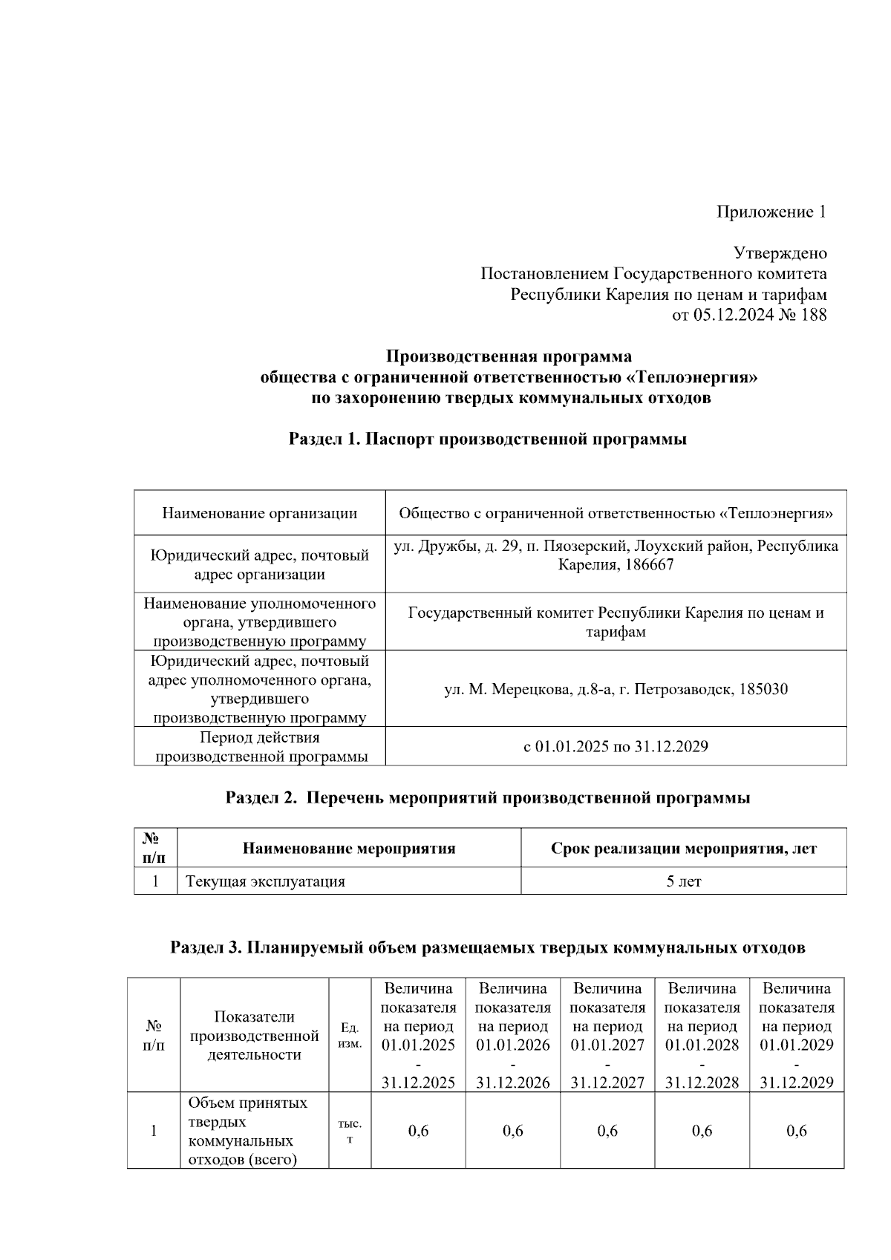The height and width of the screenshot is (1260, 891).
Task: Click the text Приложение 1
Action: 771,212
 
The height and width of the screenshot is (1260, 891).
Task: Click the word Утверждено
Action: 780,253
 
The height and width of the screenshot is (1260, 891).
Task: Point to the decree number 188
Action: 814,315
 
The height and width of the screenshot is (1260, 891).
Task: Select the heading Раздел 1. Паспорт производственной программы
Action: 487,439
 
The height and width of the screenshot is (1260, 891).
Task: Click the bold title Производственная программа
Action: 509,356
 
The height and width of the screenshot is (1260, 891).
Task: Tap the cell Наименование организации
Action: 259,513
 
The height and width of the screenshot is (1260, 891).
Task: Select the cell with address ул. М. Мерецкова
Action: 616,689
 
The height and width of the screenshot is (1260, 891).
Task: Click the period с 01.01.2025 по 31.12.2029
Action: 616,746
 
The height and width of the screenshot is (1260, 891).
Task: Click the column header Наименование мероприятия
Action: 349,848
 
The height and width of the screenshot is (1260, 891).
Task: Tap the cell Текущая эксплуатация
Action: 265,881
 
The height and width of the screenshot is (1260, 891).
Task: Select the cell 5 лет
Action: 683,881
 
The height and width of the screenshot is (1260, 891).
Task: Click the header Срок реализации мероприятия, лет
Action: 683,848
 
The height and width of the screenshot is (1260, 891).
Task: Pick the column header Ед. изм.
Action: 350,1035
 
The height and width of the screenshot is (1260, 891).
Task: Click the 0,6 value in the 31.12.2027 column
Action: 607,1131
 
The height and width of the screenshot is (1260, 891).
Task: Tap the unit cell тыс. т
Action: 350,1131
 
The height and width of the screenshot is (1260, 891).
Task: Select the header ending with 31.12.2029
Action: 796,1035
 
